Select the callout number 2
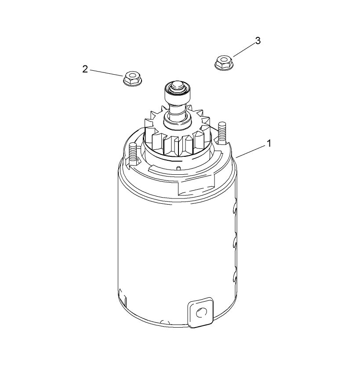pos(85,69)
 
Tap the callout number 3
pos(258,41)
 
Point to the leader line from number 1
pos(250,150)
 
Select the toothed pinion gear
pos(176,134)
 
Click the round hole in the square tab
pos(201,313)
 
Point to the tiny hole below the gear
pos(178,168)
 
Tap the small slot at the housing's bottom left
pos(122,292)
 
